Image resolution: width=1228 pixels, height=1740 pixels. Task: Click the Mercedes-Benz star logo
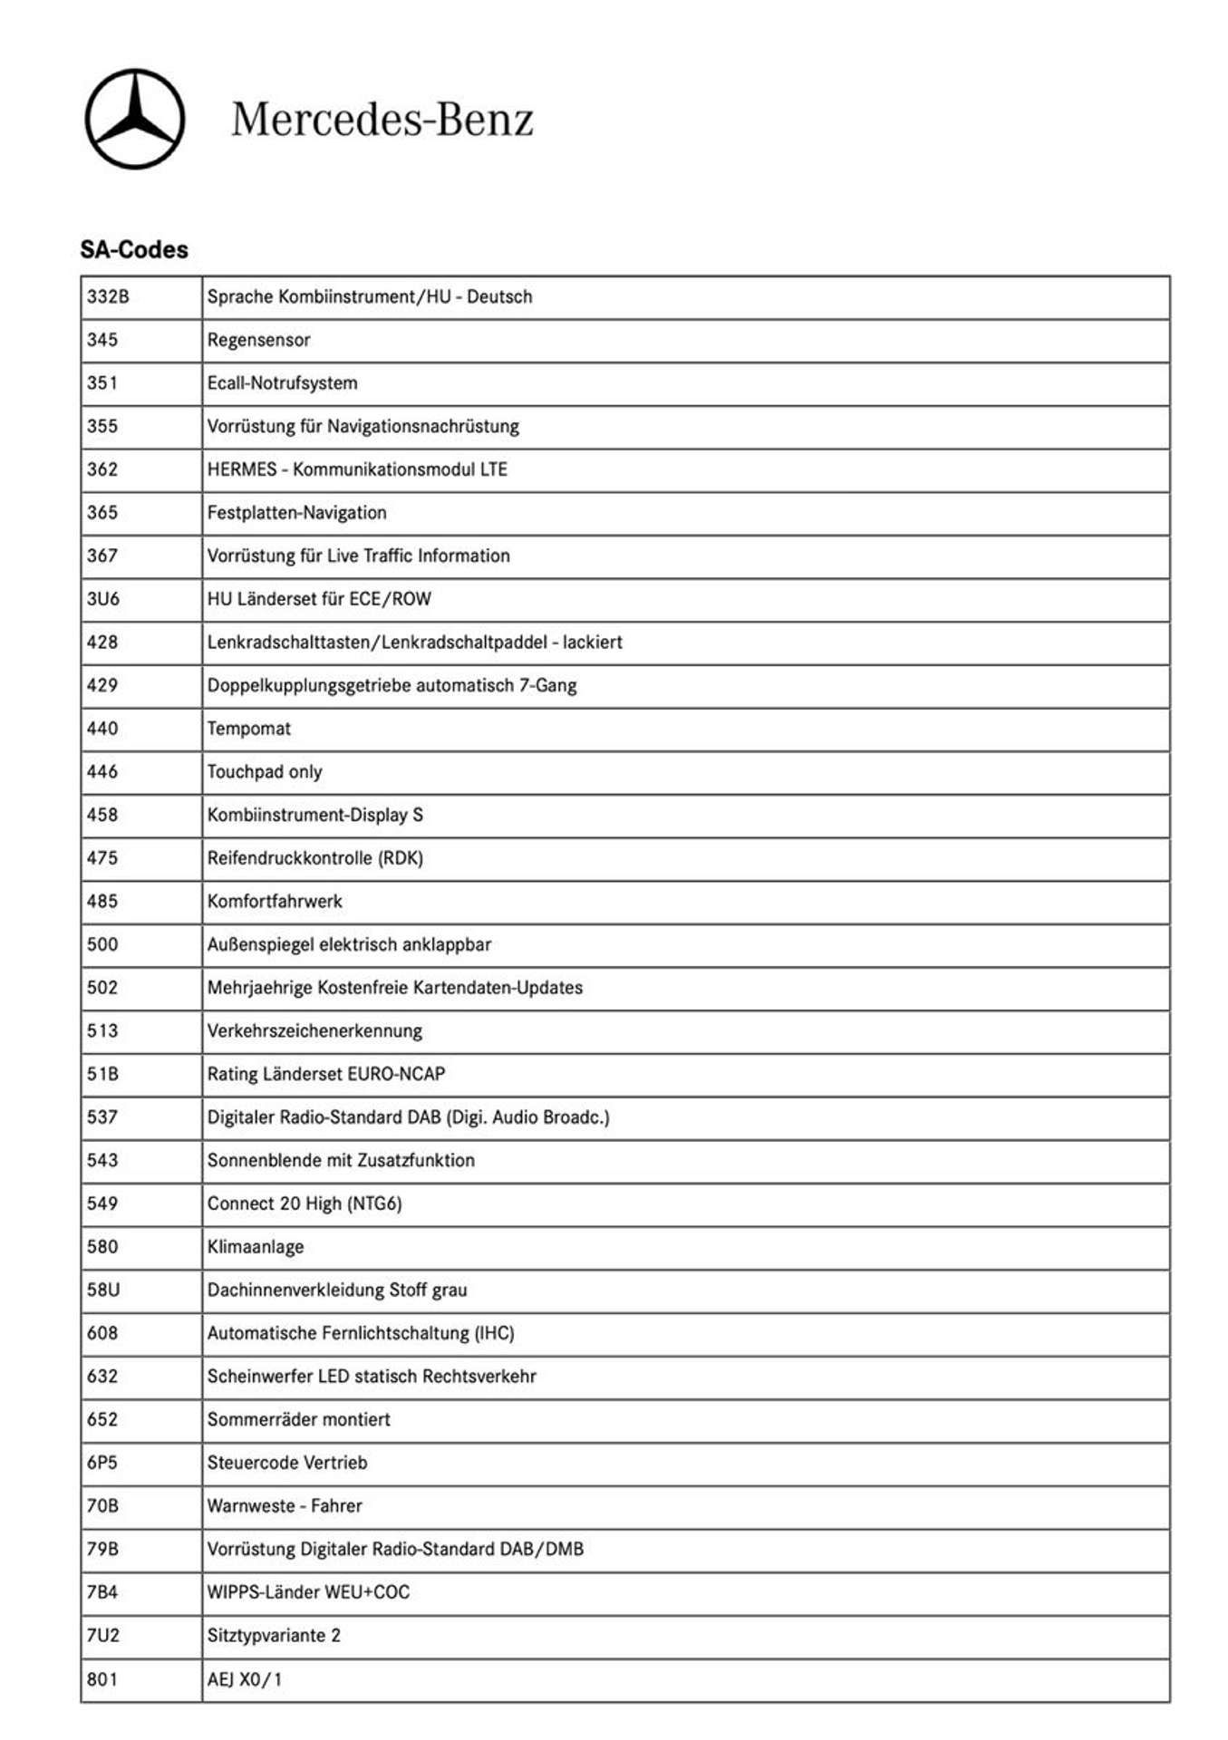[x=135, y=119]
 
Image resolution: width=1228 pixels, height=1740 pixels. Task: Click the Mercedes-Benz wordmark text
[x=382, y=119]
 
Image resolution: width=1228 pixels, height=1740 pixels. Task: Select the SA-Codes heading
[x=134, y=249]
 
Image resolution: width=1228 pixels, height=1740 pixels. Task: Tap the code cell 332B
[x=108, y=296]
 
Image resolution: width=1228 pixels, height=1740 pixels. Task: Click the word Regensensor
[x=258, y=340]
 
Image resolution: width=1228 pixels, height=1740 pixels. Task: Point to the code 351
[x=102, y=382]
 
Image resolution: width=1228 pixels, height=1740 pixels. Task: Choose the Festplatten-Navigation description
[x=296, y=512]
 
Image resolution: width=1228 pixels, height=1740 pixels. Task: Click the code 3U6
[x=103, y=598]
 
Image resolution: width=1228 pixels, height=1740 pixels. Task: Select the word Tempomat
[x=249, y=728]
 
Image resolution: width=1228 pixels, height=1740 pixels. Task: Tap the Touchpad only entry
[x=265, y=771]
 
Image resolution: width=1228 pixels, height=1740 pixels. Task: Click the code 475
[x=102, y=857]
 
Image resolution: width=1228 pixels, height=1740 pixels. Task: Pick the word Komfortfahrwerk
[x=275, y=901]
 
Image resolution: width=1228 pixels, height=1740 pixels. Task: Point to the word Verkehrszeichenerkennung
[x=314, y=1030]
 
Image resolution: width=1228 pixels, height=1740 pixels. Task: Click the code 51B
[x=102, y=1074]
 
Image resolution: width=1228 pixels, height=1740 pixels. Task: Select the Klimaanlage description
[x=256, y=1246]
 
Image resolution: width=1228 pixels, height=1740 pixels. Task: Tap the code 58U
[x=103, y=1290]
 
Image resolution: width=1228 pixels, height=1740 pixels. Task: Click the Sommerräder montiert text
[x=298, y=1419]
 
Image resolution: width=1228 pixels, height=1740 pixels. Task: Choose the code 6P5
[x=102, y=1463]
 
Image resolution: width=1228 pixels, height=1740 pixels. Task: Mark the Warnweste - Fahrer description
[x=285, y=1505]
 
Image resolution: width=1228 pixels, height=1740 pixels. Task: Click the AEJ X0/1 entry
[x=245, y=1679]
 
